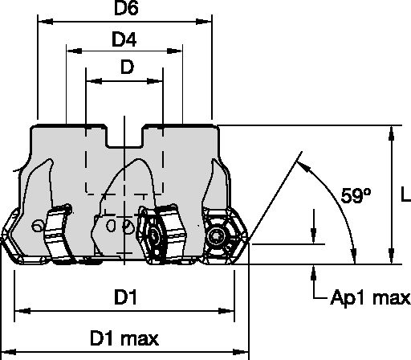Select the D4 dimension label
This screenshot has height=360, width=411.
pos(125,39)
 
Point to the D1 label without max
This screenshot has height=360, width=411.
pos(124,297)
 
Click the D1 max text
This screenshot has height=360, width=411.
pos(124,335)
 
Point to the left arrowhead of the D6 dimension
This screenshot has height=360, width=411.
pos(42,25)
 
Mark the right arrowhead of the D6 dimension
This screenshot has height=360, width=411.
pos(210,25)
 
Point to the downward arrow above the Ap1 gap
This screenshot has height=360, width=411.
pos(312,234)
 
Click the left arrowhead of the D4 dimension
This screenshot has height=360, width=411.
pos(69,53)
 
